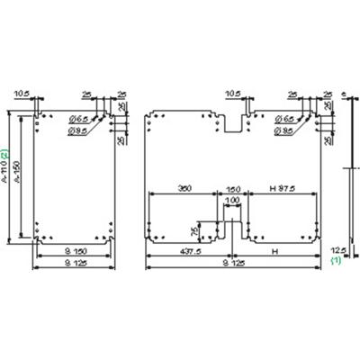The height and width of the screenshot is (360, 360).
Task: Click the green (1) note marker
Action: pos(337,260)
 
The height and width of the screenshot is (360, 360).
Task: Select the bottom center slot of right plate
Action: pos(232,232)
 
